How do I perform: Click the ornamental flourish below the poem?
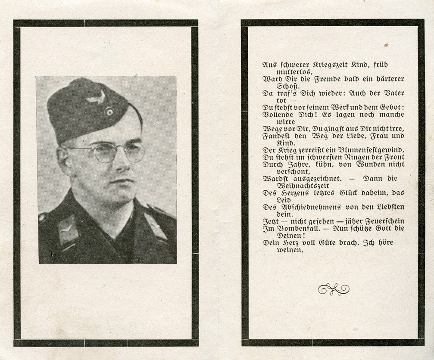pos(334,289)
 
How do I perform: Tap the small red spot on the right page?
pos(386,45)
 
